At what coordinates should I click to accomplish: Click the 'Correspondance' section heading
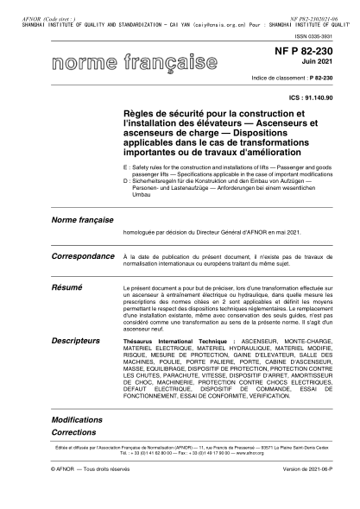coord(85,256)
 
